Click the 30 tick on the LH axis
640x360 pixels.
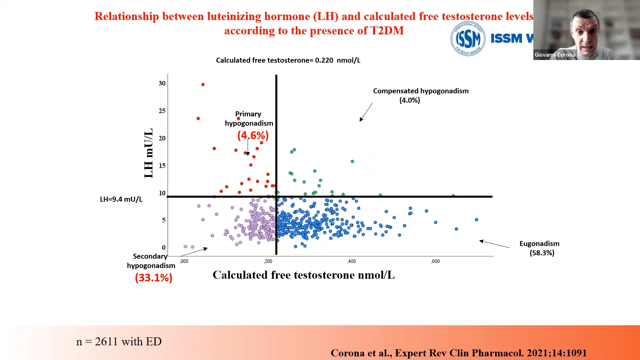pos(162,83)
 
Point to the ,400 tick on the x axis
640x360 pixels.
pos(351,261)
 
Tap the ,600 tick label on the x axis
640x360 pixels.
pos(435,261)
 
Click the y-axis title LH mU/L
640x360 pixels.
pos(149,153)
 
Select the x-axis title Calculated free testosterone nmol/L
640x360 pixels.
pos(304,275)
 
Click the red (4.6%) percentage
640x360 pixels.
pos(253,135)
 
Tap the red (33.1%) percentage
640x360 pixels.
pos(154,278)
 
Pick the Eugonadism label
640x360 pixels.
pos(539,244)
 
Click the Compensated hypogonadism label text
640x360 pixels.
pos(421,91)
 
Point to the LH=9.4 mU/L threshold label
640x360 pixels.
pos(121,199)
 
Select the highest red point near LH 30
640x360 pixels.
pos(203,85)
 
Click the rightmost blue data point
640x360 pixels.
pos(476,220)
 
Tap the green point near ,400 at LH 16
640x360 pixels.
pos(352,161)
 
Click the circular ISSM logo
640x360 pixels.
pos(468,39)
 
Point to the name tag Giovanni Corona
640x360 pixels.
pos(555,55)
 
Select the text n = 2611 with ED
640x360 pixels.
pos(119,342)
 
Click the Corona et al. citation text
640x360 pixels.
pos(458,353)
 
